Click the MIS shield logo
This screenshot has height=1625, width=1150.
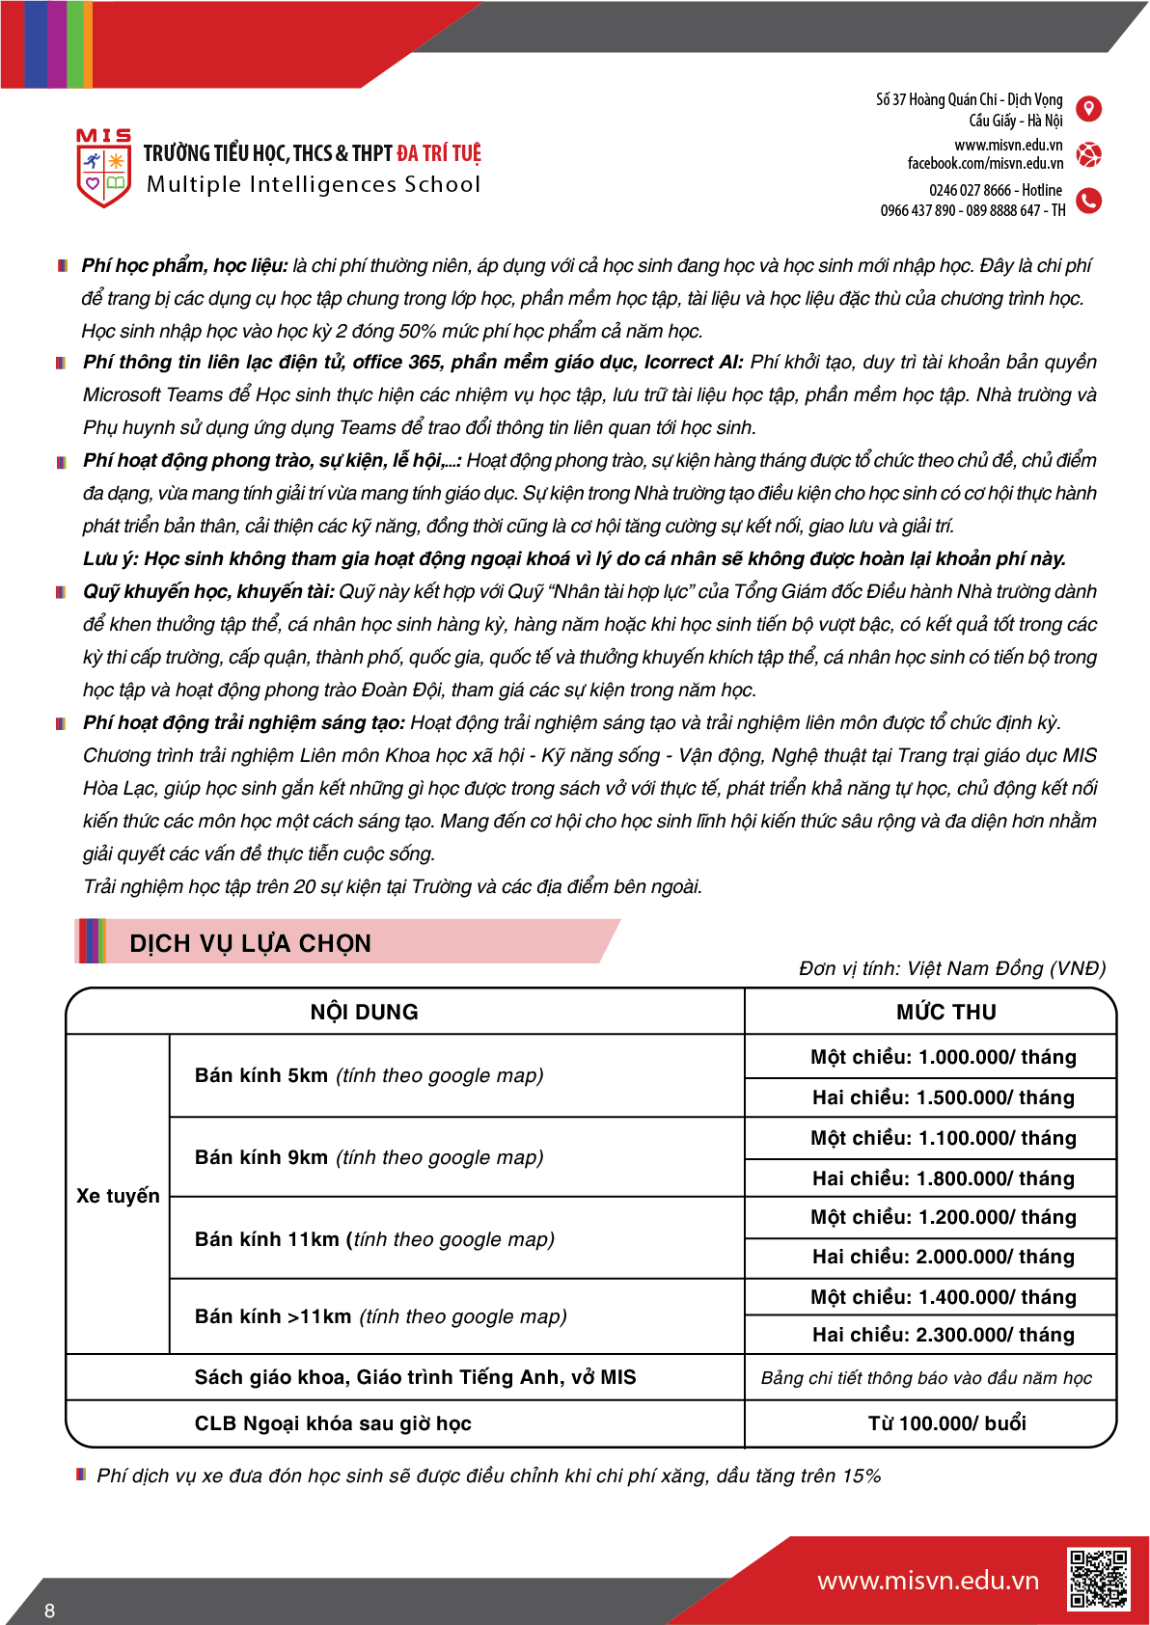[103, 170]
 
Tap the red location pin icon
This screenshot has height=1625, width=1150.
[1088, 109]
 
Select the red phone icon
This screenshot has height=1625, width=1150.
[1088, 201]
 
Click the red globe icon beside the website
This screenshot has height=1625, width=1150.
[1088, 154]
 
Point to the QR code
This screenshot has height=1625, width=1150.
[1097, 1579]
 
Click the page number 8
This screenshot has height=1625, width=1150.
[50, 1611]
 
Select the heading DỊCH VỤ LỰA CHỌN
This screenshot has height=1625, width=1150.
[250, 943]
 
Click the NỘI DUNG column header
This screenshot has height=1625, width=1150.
[364, 1012]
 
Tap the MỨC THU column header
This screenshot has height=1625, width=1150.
[945, 1012]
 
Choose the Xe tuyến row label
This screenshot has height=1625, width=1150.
[118, 1196]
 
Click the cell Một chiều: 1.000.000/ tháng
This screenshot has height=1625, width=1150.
[943, 1057]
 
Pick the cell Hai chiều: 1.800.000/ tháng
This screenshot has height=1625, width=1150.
[943, 1178]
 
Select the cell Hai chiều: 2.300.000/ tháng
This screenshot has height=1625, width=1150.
[943, 1335]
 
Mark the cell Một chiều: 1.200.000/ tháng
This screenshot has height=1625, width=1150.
[943, 1217]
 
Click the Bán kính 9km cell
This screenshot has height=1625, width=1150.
[369, 1157]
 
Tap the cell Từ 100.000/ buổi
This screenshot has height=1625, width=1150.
[946, 1423]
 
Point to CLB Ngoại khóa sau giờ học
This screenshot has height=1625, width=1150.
[333, 1423]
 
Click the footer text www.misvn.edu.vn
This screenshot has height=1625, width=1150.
[927, 1581]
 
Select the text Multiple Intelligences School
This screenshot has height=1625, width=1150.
[313, 184]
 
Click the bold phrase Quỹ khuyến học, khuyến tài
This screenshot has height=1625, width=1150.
[208, 591]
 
